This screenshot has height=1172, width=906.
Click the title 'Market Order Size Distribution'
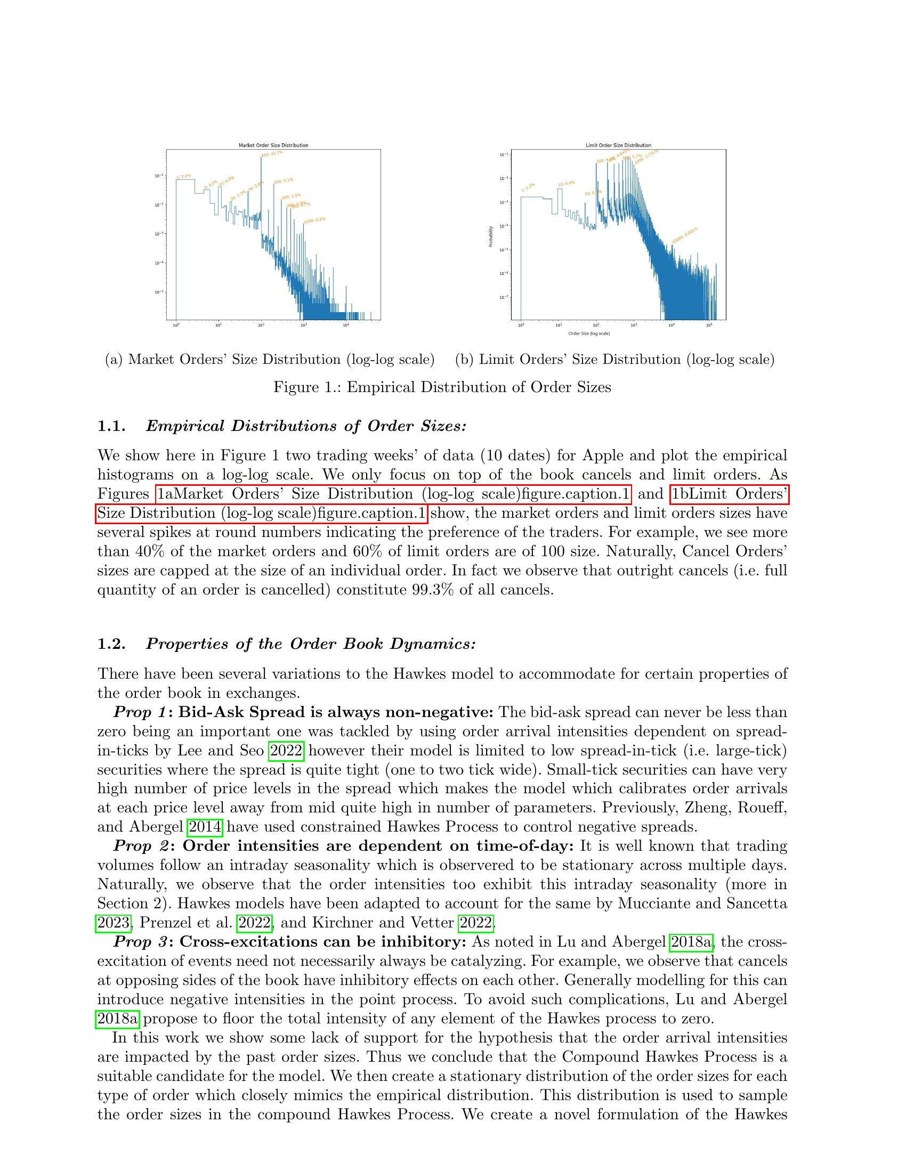[x=273, y=145]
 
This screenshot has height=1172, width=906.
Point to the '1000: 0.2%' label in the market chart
[x=314, y=220]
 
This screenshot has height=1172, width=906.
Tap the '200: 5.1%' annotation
[x=284, y=181]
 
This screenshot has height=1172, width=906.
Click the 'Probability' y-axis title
[x=490, y=236]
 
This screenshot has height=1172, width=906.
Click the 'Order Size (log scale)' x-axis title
[x=589, y=333]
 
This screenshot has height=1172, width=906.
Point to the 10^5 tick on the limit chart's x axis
[x=709, y=325]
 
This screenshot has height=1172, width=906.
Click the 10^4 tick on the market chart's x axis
[x=346, y=325]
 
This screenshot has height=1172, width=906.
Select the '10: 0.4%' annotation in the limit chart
[x=566, y=184]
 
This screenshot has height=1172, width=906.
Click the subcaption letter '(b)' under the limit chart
[x=464, y=359]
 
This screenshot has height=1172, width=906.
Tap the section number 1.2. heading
[x=111, y=644]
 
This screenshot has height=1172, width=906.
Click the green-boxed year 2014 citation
[x=205, y=826]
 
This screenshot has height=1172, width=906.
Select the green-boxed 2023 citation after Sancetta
[x=113, y=923]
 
